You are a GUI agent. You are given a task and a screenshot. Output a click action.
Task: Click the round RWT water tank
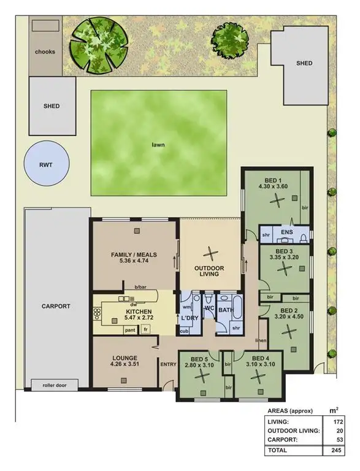[47, 165]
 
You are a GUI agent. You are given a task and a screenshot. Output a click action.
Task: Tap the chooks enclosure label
[45, 52]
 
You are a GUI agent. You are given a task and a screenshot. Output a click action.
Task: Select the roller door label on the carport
[55, 386]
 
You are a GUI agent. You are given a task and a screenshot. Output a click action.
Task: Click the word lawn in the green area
[159, 146]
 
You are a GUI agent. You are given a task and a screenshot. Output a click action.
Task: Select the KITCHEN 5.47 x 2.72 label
[124, 315]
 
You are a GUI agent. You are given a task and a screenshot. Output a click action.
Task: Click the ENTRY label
[168, 365]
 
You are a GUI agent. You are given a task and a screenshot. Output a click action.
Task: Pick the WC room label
[208, 308]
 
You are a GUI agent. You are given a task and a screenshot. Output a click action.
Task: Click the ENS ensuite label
[286, 233]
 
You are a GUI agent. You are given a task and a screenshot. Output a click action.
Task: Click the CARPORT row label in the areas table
[285, 440]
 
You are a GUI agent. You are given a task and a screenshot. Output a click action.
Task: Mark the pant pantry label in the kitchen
[130, 330]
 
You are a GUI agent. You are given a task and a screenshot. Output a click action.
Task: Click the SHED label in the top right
[304, 63]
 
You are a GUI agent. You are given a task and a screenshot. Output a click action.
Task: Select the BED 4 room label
[260, 358]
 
